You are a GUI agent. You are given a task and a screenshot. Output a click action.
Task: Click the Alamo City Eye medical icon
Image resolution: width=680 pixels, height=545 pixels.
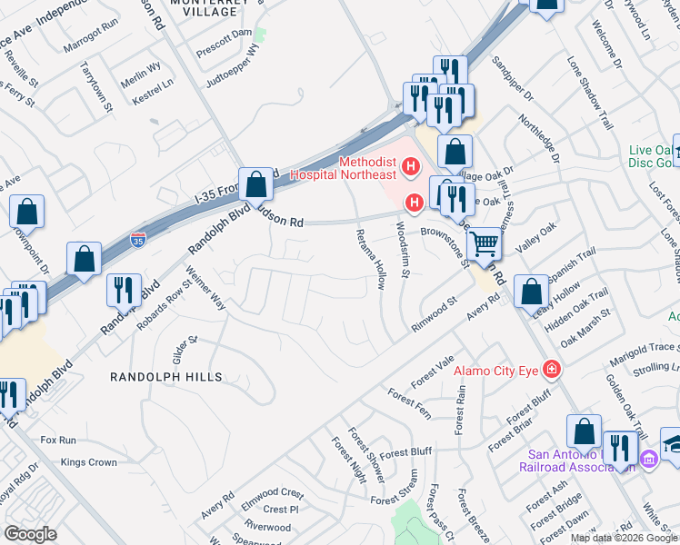tap(551, 369)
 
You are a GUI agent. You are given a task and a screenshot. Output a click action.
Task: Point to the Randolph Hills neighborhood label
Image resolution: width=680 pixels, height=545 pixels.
tap(166, 377)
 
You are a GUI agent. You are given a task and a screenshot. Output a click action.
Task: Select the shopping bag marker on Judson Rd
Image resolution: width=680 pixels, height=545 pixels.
tap(257, 183)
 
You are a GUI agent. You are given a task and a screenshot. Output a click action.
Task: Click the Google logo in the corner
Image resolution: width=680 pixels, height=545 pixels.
tap(30, 533)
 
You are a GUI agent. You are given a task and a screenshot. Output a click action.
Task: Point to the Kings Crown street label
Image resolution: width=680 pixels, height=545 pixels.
tap(89, 462)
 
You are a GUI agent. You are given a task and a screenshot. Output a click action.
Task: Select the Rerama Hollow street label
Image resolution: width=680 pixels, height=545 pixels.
tap(369, 257)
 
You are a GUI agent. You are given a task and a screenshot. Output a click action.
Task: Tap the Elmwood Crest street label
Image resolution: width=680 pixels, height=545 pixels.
tap(273, 493)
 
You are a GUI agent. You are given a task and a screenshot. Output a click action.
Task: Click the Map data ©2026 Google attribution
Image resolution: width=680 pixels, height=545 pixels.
tap(624, 537)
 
